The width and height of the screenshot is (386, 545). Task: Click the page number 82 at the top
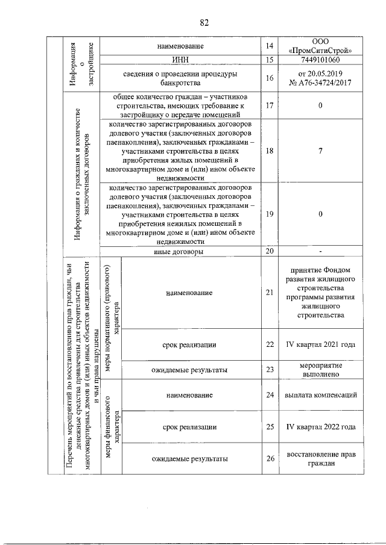pyautogui.click(x=204, y=22)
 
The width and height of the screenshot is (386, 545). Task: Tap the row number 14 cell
pyautogui.click(x=270, y=46)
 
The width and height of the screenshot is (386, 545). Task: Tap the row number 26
pyautogui.click(x=270, y=459)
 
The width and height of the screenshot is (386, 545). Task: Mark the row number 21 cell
pyautogui.click(x=270, y=293)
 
